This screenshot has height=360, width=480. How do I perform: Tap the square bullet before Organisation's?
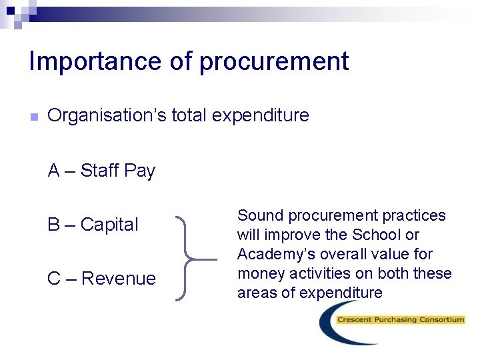pyautogui.click(x=34, y=117)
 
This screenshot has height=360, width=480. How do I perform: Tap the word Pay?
pyautogui.click(x=139, y=171)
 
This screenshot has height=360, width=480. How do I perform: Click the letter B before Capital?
pyautogui.click(x=54, y=225)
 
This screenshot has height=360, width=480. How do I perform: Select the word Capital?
pyautogui.click(x=109, y=225)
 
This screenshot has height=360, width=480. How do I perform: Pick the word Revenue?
pyautogui.click(x=119, y=278)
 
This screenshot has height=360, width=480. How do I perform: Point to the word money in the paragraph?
pyautogui.click(x=259, y=273)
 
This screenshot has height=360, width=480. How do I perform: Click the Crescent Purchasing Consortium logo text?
pyautogui.click(x=401, y=320)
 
